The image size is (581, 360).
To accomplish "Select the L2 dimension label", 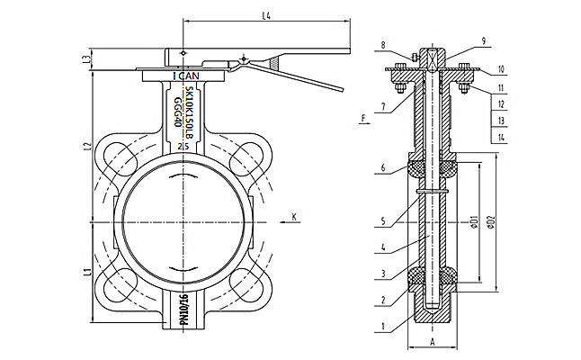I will click(85, 146).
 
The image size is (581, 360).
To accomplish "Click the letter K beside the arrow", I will click(294, 216).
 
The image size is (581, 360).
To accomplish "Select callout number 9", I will click(483, 40).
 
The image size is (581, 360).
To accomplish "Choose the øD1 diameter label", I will click(473, 220).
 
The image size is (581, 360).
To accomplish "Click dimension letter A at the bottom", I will click(433, 343).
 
